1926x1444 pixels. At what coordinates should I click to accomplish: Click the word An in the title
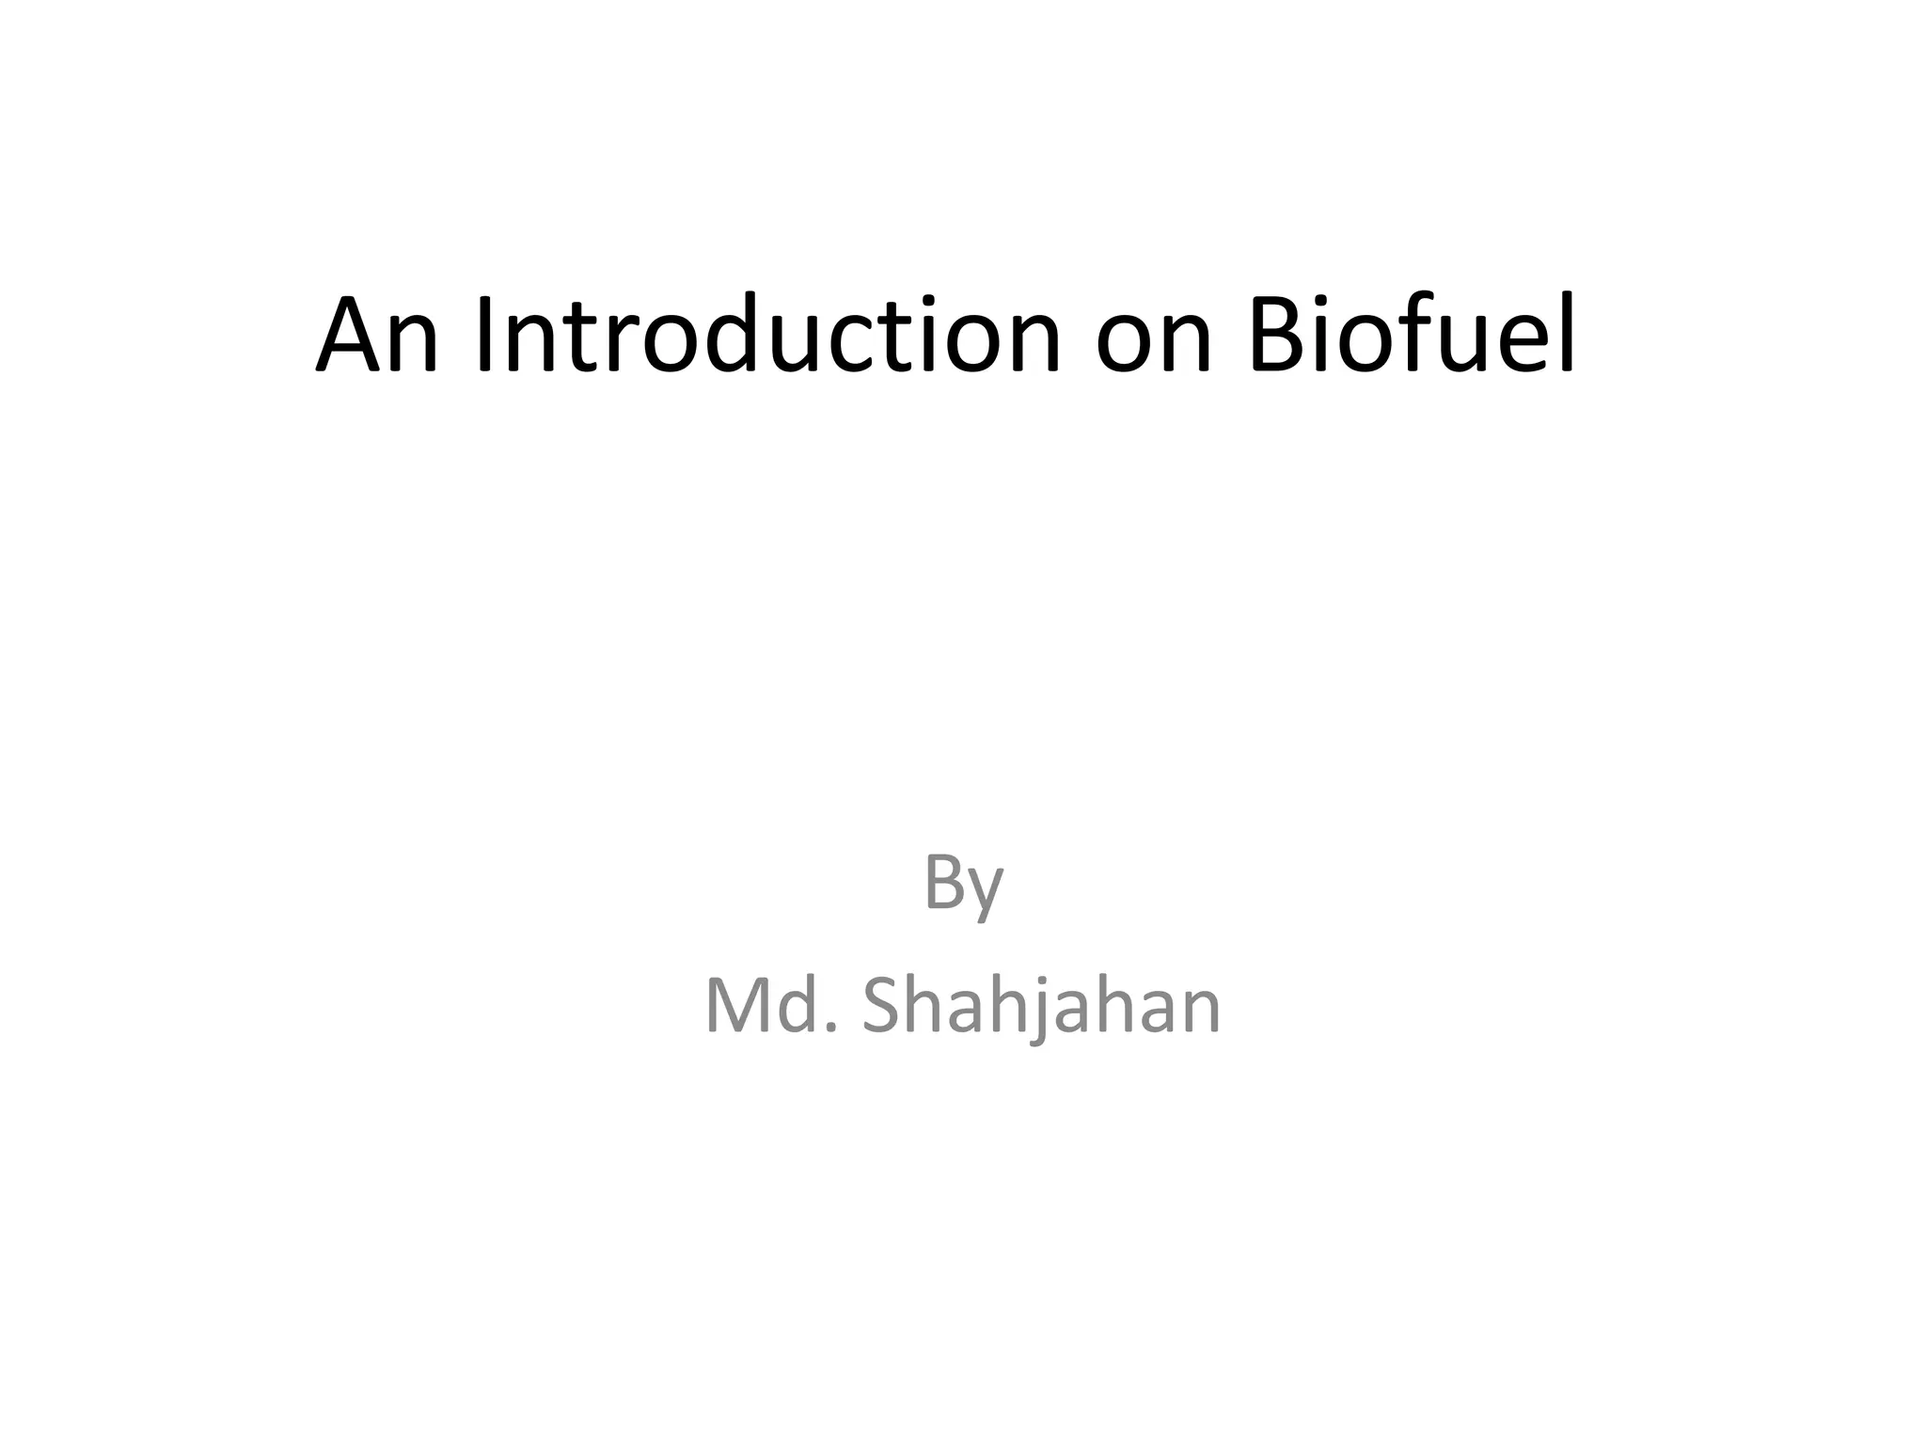[x=377, y=336]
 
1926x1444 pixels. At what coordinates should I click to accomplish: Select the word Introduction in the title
[x=767, y=336]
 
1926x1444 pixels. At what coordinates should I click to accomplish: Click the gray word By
[x=963, y=884]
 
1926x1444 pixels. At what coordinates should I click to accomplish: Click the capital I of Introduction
[x=484, y=336]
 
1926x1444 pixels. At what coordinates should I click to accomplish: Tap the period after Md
[x=829, y=1028]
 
